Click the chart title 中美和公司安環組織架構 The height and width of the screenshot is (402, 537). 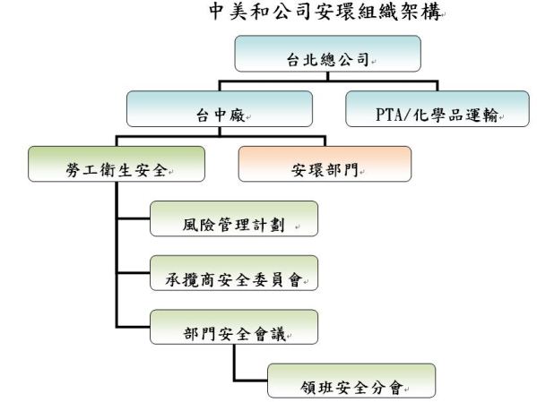click(325, 11)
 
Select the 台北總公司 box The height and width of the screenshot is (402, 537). click(328, 54)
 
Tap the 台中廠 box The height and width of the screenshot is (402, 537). click(220, 109)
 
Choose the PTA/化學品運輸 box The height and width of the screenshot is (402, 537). click(437, 109)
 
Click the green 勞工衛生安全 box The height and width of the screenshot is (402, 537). click(117, 164)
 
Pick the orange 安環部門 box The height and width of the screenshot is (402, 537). click(325, 164)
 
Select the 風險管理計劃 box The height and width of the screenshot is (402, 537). click(234, 218)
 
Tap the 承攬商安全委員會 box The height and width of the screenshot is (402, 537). click(234, 273)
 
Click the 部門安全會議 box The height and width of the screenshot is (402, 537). click(234, 327)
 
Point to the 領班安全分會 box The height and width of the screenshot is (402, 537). click(351, 381)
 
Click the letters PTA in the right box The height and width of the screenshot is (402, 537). click(389, 115)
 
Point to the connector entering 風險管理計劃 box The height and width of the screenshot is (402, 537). click(134, 218)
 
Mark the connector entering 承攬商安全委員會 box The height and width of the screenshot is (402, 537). click(134, 273)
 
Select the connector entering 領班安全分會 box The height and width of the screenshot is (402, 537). click(251, 381)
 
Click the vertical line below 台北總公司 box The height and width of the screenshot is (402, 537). click(328, 76)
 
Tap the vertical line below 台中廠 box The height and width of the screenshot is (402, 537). click(220, 132)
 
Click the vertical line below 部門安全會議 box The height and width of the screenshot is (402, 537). click(235, 363)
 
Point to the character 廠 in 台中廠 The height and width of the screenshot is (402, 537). click(237, 115)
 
